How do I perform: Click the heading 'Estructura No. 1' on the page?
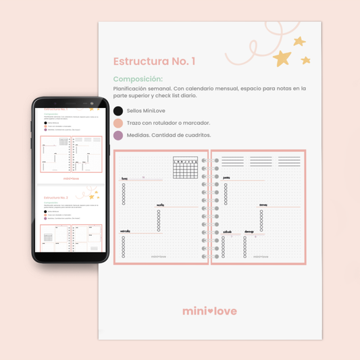pyautogui.click(x=155, y=61)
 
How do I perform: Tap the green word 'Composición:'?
pyautogui.click(x=138, y=79)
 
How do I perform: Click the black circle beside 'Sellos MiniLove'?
pyautogui.click(x=118, y=111)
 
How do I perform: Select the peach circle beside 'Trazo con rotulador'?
pyautogui.click(x=118, y=123)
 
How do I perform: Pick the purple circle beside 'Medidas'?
pyautogui.click(x=118, y=135)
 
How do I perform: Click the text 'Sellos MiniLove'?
pyautogui.click(x=147, y=111)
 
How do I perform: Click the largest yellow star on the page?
pyautogui.click(x=282, y=58)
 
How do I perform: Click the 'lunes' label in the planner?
pyautogui.click(x=124, y=180)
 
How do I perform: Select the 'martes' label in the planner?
pyautogui.click(x=161, y=205)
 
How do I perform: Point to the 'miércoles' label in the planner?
pyautogui.click(x=125, y=231)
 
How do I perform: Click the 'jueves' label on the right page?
pyautogui.click(x=227, y=178)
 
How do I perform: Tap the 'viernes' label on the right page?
pyautogui.click(x=263, y=205)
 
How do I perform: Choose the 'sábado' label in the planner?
pyautogui.click(x=227, y=231)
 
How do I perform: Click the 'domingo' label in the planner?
pyautogui.click(x=250, y=231)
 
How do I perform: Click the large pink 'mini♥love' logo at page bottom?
pyautogui.click(x=209, y=311)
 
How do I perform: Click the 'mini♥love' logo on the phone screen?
pyautogui.click(x=70, y=179)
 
